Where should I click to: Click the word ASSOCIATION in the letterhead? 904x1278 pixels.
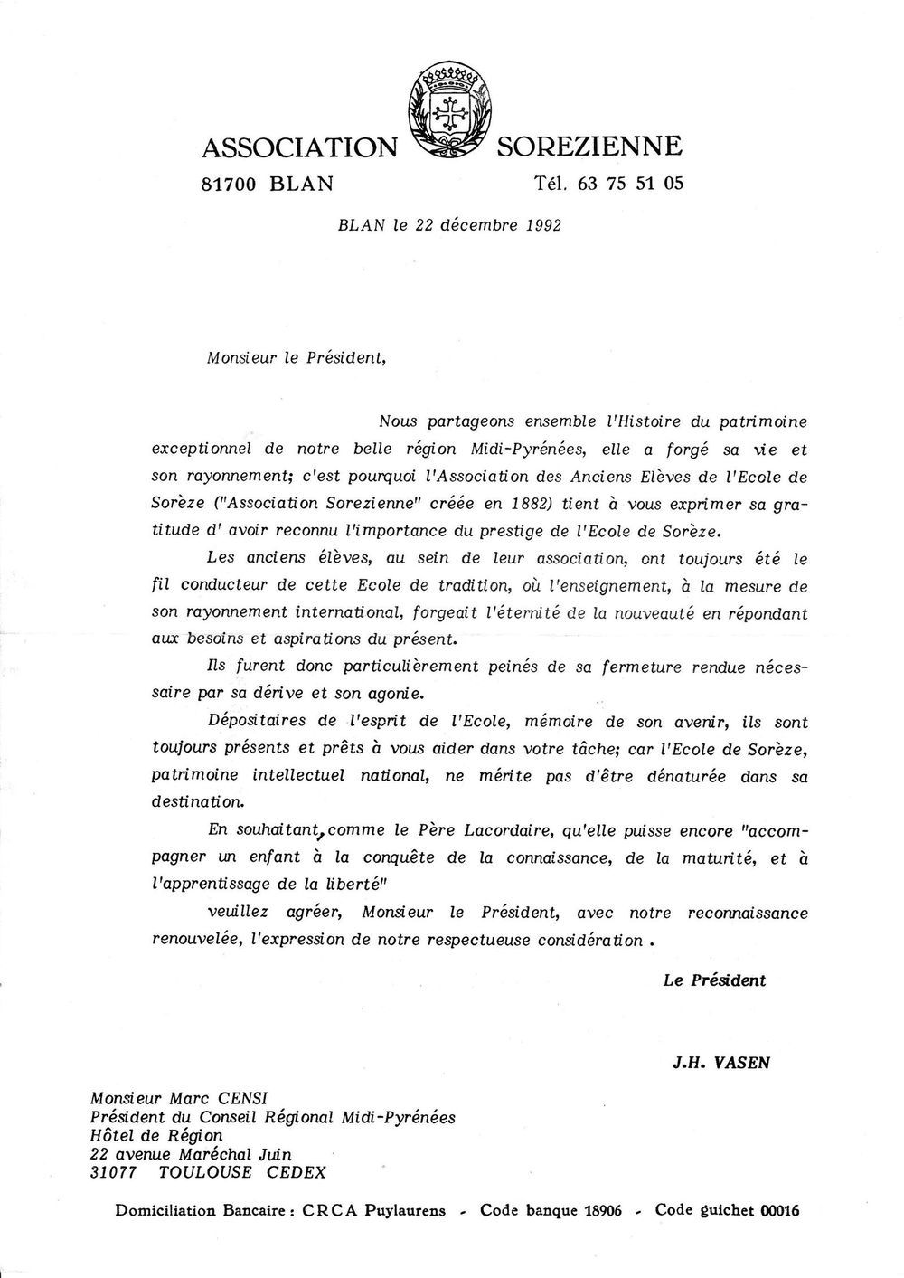coord(299,146)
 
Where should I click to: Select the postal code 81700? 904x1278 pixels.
coord(230,184)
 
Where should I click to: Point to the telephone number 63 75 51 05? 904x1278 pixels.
coord(630,184)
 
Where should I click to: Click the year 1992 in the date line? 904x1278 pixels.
coord(542,225)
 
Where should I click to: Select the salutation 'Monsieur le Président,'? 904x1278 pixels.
coord(297,356)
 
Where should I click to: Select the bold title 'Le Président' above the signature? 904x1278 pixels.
coord(714,980)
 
